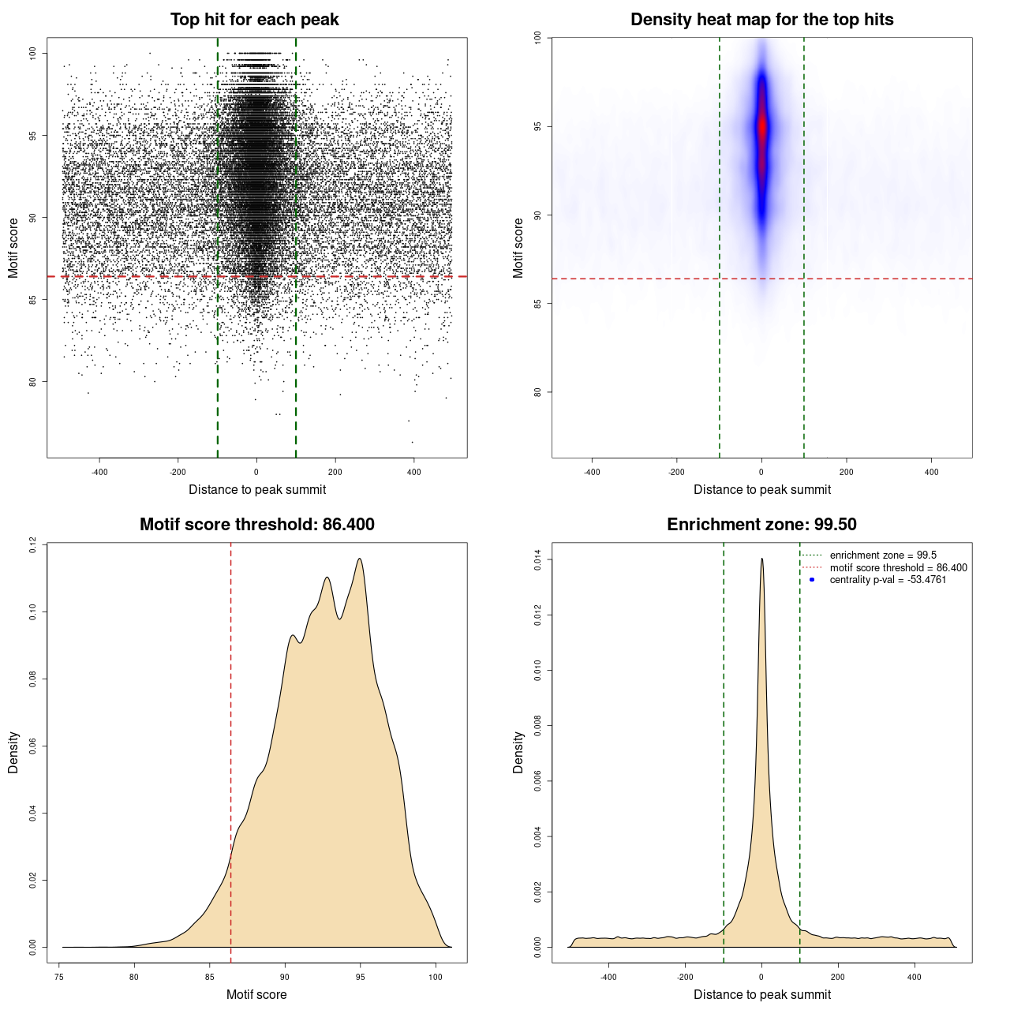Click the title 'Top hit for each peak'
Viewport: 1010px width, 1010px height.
point(254,20)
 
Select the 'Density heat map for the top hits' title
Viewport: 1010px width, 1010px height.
point(761,20)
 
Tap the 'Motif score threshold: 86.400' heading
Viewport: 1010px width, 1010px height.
point(256,525)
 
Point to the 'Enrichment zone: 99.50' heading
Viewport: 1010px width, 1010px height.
point(761,525)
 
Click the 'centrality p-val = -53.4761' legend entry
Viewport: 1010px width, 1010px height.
point(888,580)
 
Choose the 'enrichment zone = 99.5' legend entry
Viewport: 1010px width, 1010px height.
point(883,555)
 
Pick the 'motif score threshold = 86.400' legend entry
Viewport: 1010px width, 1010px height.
point(898,568)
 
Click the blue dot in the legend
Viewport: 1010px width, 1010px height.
point(812,580)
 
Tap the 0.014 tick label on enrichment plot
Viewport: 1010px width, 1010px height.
point(538,560)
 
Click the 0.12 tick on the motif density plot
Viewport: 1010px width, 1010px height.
point(33,544)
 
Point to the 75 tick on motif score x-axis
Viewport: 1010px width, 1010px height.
point(59,977)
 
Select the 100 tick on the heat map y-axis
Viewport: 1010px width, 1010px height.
point(538,37)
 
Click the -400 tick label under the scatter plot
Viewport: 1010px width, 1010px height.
point(99,472)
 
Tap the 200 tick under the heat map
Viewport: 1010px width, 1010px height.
point(847,472)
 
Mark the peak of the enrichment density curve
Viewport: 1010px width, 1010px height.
point(761,559)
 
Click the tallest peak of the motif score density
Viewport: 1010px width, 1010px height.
point(360,559)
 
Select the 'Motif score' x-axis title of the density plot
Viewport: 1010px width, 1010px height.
point(256,994)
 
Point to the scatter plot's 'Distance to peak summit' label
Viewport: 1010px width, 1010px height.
point(257,489)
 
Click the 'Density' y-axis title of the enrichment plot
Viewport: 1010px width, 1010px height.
point(518,752)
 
